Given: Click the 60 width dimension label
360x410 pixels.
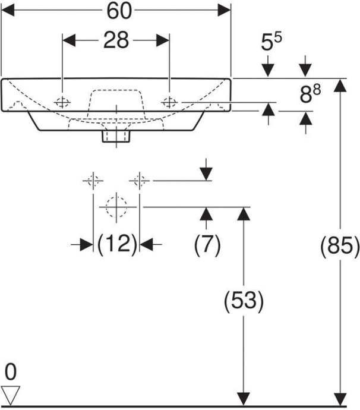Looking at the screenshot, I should point(116,10).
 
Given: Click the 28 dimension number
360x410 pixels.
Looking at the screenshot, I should point(116,40).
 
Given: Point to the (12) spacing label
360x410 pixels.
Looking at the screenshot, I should point(116,244).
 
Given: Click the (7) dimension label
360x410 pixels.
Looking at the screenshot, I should point(207,244).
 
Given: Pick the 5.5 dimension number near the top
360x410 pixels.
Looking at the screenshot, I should point(271,43).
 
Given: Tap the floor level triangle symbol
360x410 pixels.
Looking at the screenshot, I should point(11,393).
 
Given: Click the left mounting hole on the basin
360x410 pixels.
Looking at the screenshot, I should point(62,101).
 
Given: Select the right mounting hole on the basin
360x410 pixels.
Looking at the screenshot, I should point(170,101).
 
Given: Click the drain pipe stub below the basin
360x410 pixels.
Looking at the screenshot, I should point(116,137).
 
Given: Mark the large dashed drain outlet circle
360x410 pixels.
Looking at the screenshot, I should point(116,207).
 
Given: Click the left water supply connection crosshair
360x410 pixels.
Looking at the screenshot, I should point(93,179).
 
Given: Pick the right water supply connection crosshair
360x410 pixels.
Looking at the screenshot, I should point(140,179).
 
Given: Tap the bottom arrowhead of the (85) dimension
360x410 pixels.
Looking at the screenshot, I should point(339,399).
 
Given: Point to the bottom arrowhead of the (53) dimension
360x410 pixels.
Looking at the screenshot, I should point(243,399).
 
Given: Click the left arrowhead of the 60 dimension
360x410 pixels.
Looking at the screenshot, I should point(8,10).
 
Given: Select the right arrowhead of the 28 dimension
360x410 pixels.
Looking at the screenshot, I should point(164,40).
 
